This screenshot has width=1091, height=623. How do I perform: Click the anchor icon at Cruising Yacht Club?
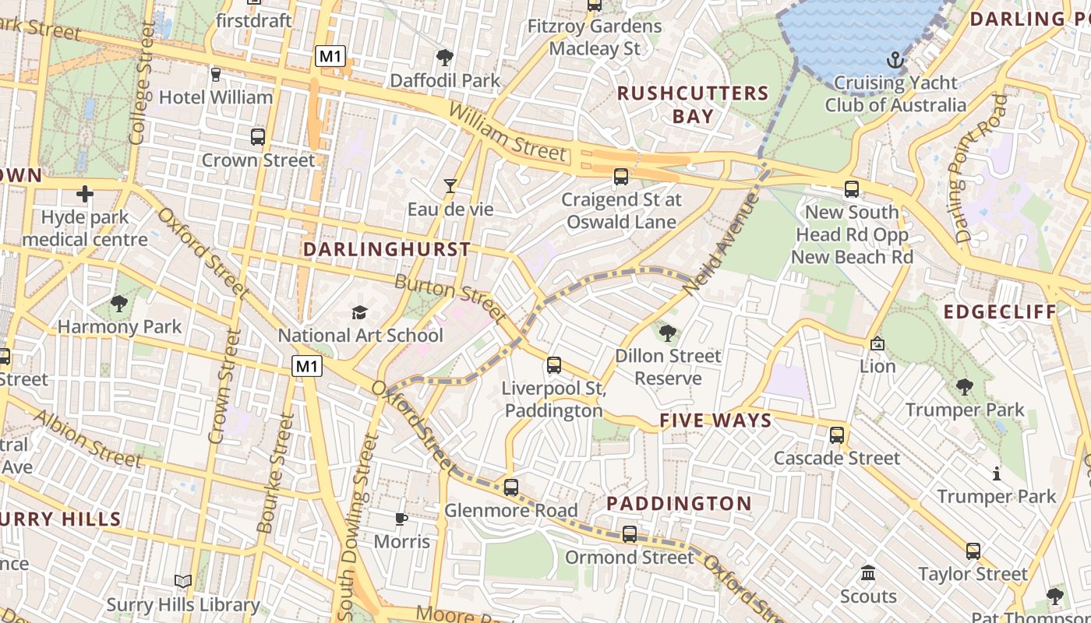[x=895, y=59]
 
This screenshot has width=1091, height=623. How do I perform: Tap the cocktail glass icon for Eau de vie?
[x=450, y=185]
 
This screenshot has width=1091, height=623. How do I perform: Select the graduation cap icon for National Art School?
[x=359, y=312]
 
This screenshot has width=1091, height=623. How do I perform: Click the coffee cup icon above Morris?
[x=401, y=518]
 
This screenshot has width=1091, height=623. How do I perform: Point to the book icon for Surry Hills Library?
[x=183, y=581]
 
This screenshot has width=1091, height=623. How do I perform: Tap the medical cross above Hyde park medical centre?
[x=85, y=193]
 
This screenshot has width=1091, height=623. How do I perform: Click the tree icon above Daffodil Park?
[x=445, y=57]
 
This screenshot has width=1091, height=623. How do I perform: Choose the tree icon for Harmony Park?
[x=119, y=303]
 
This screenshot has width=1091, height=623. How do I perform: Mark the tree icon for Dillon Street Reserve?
[x=668, y=333]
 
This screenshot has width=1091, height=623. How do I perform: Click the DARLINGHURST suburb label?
[x=387, y=249]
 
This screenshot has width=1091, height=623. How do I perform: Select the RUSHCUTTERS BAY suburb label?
[x=693, y=104]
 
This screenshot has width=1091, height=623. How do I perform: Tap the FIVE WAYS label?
[x=715, y=421]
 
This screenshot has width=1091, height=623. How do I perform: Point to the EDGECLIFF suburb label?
[x=1000, y=312]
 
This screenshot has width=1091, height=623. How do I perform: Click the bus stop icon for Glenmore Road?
[x=511, y=487]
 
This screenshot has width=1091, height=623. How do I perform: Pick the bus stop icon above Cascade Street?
[x=837, y=435]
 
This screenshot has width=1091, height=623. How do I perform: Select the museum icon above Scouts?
[x=868, y=574]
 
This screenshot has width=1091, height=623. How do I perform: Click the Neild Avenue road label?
[x=721, y=244]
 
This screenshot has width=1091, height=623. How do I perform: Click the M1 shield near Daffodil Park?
[x=330, y=56]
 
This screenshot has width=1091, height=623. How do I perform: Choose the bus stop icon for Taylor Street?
[x=973, y=551]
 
